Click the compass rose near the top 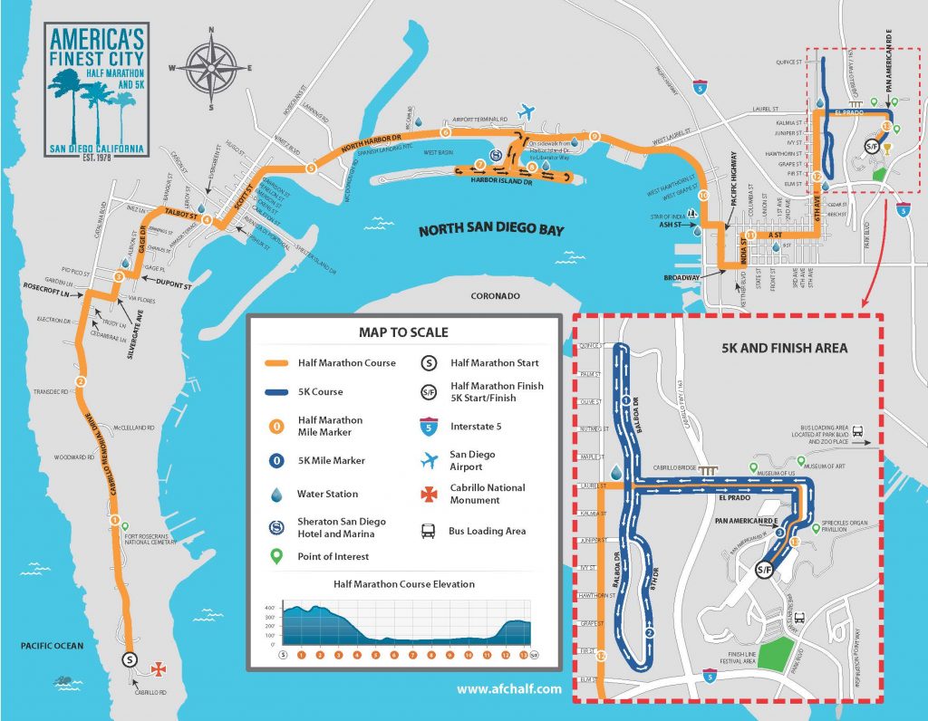211,68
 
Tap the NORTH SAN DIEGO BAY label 490,230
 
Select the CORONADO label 497,296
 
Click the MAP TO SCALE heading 403,332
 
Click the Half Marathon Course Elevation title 403,584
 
